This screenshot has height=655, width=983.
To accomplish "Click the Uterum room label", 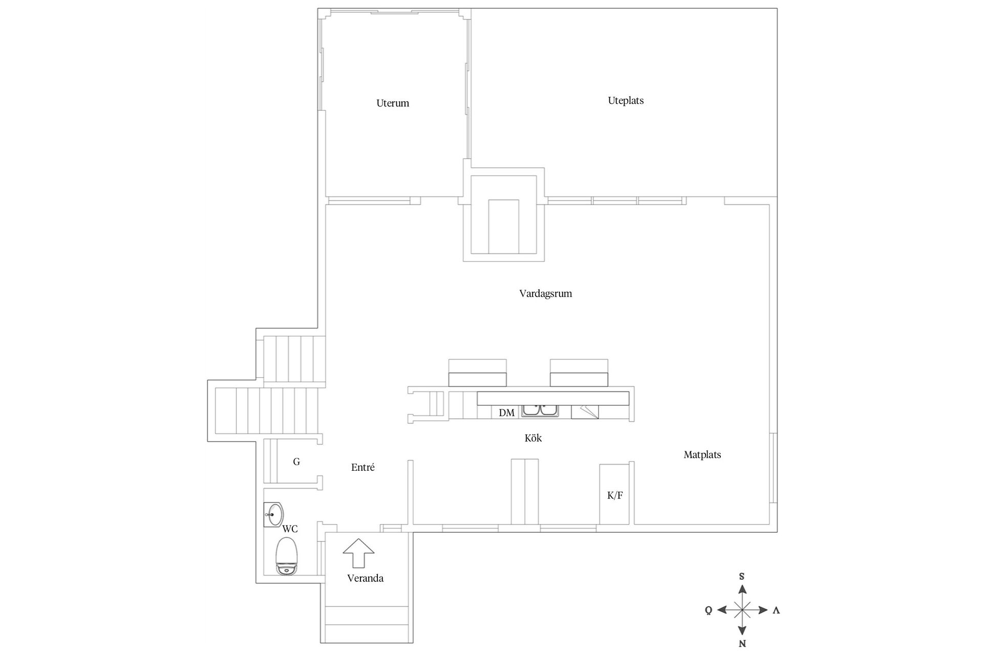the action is [x=393, y=103].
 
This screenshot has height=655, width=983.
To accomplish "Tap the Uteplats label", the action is [x=626, y=101].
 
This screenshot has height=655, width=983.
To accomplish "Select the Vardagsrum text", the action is [x=545, y=294].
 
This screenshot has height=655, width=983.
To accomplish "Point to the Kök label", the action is [x=533, y=438].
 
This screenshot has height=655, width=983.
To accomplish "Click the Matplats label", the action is [x=702, y=454].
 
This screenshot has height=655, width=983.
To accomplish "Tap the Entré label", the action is [x=363, y=467].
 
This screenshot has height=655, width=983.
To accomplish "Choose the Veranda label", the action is [x=365, y=578].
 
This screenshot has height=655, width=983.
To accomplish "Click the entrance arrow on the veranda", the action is [x=358, y=553].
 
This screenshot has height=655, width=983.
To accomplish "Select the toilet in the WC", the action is [x=287, y=556].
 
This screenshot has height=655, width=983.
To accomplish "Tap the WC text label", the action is [x=290, y=529].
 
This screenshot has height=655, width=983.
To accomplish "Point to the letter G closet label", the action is [x=296, y=462].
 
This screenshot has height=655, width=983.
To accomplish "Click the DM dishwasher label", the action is [x=506, y=412].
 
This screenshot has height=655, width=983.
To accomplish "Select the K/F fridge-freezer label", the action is [x=615, y=495].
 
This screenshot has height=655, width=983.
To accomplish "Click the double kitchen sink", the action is [x=540, y=410].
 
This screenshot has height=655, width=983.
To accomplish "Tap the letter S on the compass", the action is [x=742, y=577].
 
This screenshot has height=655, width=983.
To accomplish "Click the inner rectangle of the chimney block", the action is [x=504, y=227].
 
